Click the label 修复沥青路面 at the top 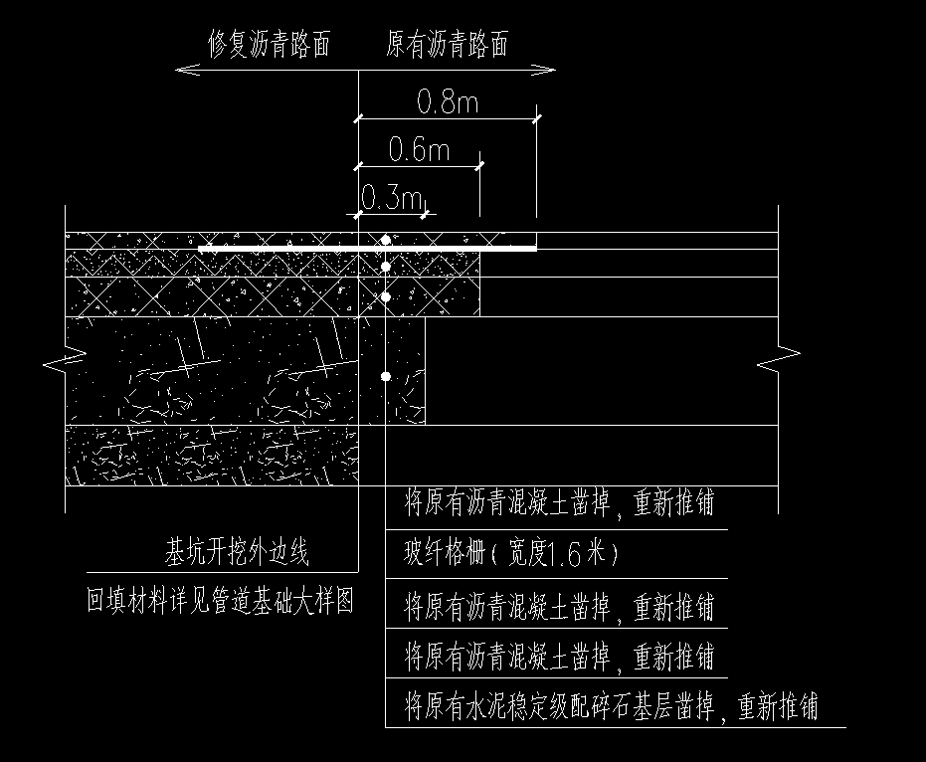point(268,44)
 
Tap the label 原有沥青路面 point(447,44)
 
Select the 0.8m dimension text point(448,101)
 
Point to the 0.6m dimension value point(419,150)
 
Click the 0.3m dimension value point(390,198)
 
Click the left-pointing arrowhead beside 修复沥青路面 point(181,69)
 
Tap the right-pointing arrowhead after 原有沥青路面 point(548,69)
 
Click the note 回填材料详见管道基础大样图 point(220,601)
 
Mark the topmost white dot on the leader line point(385,240)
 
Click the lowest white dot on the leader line point(385,376)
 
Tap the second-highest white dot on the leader point(385,266)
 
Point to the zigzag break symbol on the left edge point(57,359)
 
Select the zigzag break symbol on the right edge point(779,359)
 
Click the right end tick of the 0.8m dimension point(536,118)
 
